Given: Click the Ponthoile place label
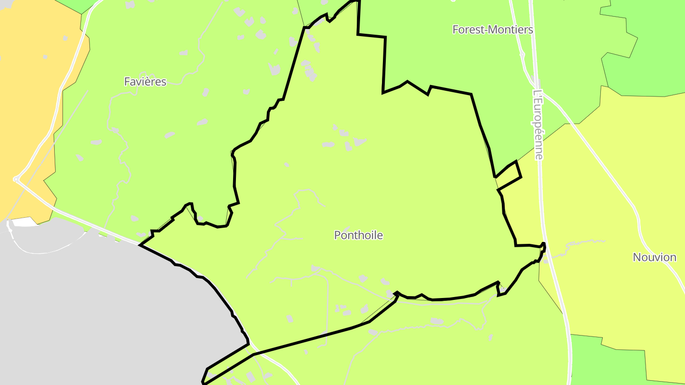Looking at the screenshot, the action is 358,235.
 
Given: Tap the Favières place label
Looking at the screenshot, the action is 145,82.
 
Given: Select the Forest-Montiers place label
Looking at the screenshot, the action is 492,29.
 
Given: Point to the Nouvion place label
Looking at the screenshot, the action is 654,257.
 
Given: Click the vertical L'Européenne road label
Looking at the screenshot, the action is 538,125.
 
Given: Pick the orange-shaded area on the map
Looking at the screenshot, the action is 29,95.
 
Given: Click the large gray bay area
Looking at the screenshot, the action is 95,309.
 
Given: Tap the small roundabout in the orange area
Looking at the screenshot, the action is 16,179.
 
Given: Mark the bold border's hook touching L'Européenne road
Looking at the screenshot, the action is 543,247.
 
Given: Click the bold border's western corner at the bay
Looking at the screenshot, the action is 140,245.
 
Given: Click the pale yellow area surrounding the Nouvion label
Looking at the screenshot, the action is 618,214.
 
